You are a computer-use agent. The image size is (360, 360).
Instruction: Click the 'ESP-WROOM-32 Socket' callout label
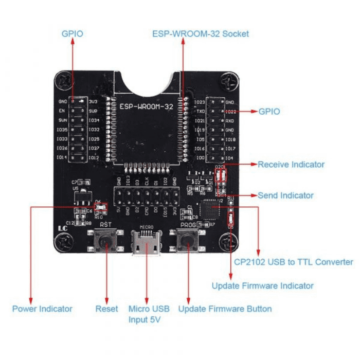[201, 34]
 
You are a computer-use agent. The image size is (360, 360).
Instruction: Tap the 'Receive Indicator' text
[291, 165]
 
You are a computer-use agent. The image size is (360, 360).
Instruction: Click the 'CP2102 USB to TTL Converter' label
[294, 262]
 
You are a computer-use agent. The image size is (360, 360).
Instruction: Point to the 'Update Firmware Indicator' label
[262, 285]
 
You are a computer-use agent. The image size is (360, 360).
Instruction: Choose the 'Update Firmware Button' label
[225, 309]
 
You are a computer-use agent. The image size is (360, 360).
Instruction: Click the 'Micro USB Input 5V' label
[146, 314]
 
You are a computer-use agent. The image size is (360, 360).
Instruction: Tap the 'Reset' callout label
[106, 309]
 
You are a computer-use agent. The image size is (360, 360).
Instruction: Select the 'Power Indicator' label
[42, 309]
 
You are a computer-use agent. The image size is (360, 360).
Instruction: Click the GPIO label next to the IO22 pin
[269, 111]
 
